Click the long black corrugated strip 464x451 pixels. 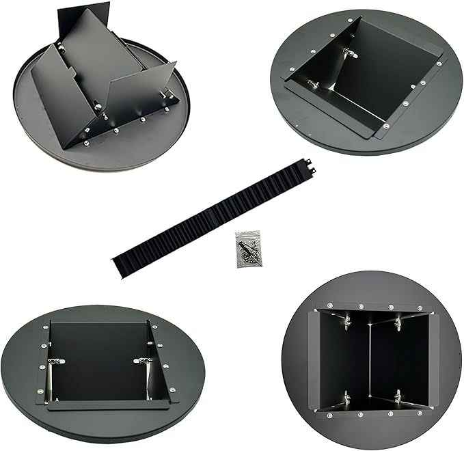coord(212,215)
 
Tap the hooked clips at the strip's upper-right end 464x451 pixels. coord(309,163)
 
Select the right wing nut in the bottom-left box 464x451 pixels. coord(141,360)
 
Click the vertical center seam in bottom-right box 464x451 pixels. coord(370,358)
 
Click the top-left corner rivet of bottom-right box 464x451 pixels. coord(329,305)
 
